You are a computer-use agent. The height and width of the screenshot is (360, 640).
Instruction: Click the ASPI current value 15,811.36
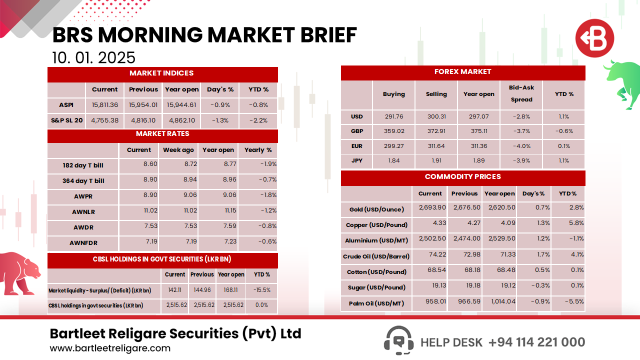click(x=105, y=105)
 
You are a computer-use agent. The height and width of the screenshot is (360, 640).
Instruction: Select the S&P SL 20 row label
click(x=66, y=120)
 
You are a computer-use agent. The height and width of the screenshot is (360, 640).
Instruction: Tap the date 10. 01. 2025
click(x=93, y=57)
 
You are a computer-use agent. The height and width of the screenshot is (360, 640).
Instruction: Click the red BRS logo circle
click(x=594, y=38)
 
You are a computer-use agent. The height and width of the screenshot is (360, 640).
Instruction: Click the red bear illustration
click(x=20, y=272)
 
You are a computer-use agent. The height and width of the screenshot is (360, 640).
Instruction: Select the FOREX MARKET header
click(x=462, y=72)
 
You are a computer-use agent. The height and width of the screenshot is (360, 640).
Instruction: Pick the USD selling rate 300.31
click(x=436, y=116)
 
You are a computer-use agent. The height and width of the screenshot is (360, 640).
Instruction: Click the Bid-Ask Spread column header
click(x=521, y=93)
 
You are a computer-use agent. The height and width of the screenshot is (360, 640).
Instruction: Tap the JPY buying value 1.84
click(x=394, y=160)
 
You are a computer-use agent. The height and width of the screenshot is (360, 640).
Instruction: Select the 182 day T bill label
click(x=83, y=165)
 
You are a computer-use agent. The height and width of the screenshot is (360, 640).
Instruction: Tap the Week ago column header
click(x=178, y=150)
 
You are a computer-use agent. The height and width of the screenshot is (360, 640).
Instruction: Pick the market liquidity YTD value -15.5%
click(x=261, y=290)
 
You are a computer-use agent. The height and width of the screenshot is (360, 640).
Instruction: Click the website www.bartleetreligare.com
click(x=110, y=348)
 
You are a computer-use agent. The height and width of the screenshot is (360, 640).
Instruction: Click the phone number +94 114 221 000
click(x=536, y=342)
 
